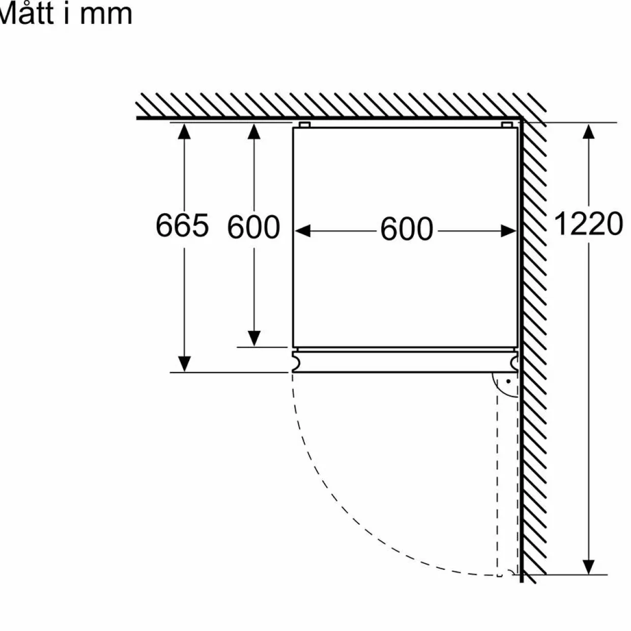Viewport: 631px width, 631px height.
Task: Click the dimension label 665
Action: coord(182,225)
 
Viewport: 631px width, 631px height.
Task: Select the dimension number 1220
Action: coord(588,223)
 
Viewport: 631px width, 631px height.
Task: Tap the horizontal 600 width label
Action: coord(407,229)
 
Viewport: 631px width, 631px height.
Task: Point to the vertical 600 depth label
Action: coord(253,226)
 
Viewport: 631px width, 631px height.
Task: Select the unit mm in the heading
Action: coord(106,15)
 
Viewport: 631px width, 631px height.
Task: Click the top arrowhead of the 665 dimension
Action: coord(184,131)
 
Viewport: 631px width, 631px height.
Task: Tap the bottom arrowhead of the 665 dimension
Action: coord(184,364)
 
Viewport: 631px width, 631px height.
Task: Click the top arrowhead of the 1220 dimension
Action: coord(589,131)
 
